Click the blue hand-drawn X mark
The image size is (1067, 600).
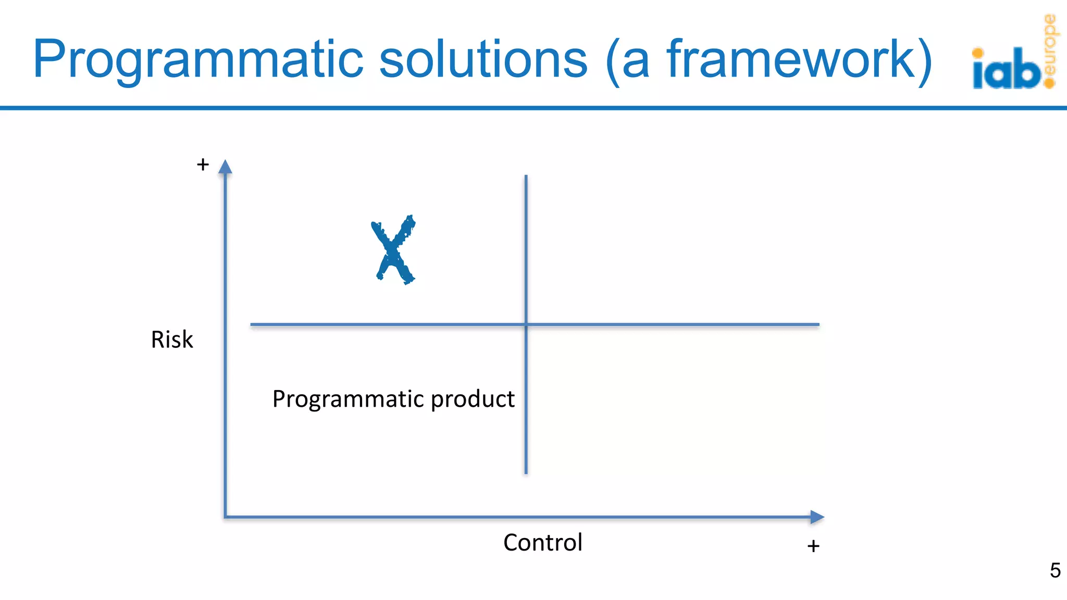[394, 251]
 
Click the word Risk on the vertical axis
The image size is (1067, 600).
[172, 340]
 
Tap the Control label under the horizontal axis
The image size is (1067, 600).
[542, 543]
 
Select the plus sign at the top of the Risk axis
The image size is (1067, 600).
[203, 165]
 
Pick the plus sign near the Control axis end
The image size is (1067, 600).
[813, 546]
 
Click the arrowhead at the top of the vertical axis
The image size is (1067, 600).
[225, 167]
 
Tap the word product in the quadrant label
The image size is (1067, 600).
[473, 400]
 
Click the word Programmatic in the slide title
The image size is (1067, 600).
[198, 60]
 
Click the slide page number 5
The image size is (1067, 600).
[1055, 570]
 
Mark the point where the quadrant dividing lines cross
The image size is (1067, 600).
[526, 324]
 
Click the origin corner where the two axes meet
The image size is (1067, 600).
[226, 517]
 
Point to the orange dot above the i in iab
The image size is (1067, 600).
[978, 53]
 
